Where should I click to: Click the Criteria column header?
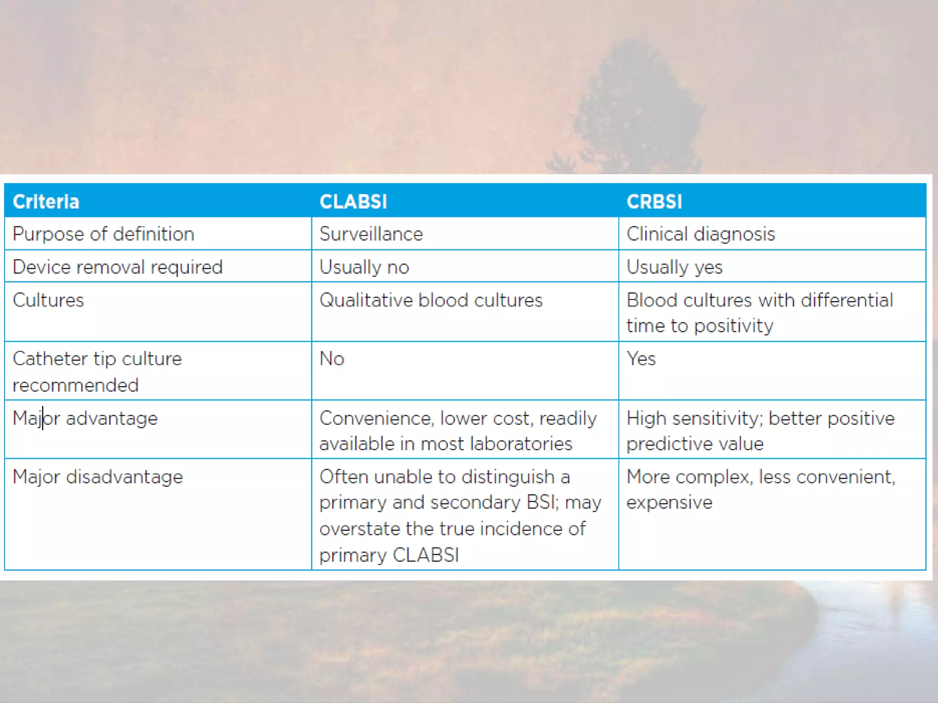46,202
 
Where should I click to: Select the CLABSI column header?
353,202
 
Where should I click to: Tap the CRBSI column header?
654,202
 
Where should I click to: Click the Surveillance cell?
371,234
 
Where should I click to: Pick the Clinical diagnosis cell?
700,234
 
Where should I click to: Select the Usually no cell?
364,267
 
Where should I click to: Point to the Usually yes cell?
674,267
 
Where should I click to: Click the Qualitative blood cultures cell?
431,301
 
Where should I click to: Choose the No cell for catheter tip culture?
332,359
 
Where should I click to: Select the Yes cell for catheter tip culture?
641,359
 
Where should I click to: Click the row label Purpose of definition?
104,234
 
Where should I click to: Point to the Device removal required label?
118,267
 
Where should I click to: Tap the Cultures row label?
48,301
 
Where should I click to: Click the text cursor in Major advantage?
43,418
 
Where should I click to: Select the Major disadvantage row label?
98,477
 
